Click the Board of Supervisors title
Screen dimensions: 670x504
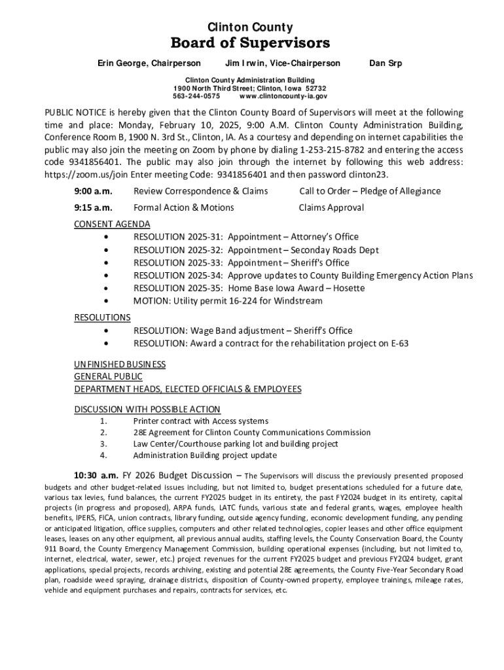pos(250,44)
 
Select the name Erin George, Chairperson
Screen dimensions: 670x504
pos(149,63)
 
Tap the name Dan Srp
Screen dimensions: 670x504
pos(386,63)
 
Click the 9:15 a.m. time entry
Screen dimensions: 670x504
pos(93,207)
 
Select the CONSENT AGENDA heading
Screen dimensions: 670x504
pos(112,224)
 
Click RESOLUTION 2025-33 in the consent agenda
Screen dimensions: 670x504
pos(179,262)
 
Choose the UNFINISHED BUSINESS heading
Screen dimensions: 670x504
pos(120,364)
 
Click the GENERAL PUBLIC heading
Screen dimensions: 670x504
pos(108,376)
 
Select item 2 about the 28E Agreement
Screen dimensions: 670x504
pos(251,432)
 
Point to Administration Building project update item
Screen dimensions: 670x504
pos(205,455)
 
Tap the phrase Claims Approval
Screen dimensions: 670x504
pos(331,207)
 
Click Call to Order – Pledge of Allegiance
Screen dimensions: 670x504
pos(370,191)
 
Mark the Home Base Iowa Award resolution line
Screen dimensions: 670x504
pos(249,288)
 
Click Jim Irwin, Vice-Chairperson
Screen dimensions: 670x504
pos(283,63)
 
